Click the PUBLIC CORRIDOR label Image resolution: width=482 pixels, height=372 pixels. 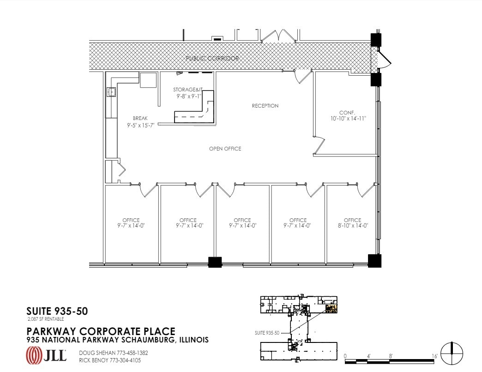(212, 59)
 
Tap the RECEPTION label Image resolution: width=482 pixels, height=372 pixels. (265, 106)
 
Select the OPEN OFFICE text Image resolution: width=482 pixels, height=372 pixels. (225, 149)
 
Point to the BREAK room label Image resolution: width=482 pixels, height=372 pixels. (140, 119)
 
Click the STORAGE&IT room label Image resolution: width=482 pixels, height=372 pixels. (188, 89)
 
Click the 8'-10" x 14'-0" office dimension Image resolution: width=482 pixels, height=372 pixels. (352, 226)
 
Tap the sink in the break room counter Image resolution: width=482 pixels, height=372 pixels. (111, 92)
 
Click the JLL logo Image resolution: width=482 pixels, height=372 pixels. (46, 356)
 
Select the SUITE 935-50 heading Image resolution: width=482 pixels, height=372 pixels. (57, 312)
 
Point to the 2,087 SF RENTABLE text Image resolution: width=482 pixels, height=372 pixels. (45, 319)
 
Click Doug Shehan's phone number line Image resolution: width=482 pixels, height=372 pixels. (114, 353)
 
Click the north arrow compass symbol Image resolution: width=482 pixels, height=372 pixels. (452, 354)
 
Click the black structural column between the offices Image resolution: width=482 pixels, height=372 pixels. (215, 262)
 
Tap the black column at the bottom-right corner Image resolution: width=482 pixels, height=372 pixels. (374, 261)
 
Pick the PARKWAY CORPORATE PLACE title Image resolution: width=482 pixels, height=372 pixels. (101, 331)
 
